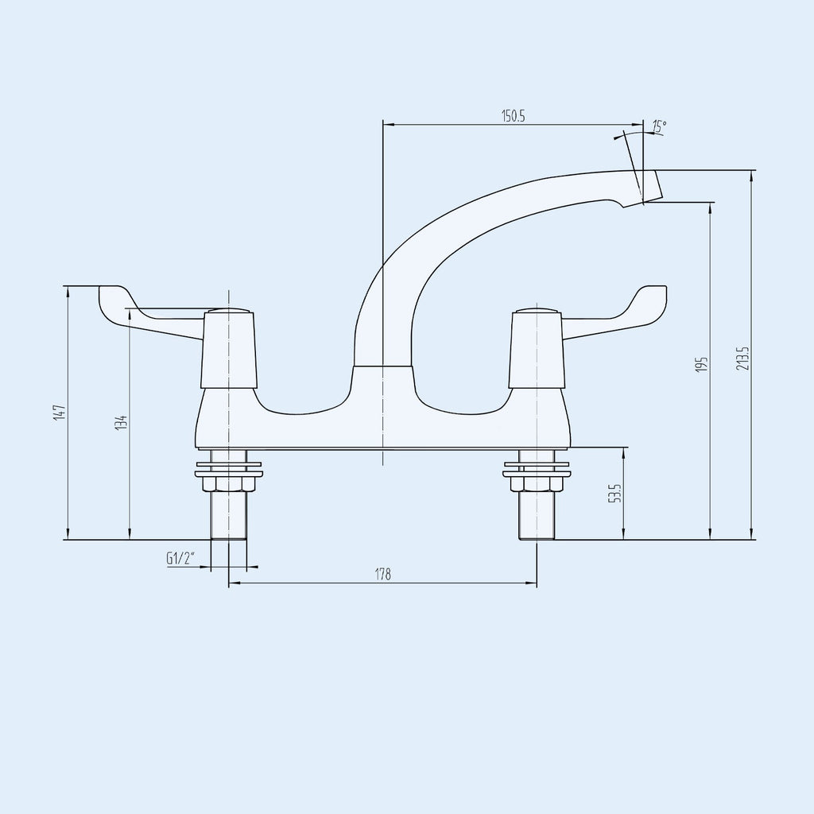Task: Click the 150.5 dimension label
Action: coord(513,116)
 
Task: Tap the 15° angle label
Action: coord(659,126)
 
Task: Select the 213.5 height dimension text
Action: coord(743,359)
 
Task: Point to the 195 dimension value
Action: coord(703,364)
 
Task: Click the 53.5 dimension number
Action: coord(614,493)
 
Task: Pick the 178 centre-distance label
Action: coord(382,575)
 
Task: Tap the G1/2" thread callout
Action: coord(180,559)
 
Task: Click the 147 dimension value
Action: coord(60,413)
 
